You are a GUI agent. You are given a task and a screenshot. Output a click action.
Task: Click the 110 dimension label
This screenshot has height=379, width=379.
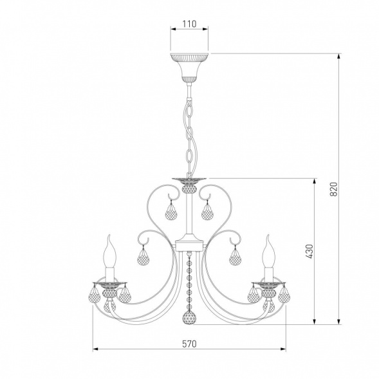[x=189, y=24]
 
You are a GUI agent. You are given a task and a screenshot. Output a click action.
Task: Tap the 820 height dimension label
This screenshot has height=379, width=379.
[x=333, y=189]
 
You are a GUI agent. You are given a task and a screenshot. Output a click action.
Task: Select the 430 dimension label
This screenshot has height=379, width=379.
[x=309, y=251]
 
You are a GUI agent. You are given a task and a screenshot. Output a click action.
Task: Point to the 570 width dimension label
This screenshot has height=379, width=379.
[x=189, y=344]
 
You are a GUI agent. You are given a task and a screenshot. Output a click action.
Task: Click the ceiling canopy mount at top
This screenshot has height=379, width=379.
[x=189, y=68]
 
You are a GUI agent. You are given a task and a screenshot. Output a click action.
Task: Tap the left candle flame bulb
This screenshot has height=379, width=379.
[x=110, y=252]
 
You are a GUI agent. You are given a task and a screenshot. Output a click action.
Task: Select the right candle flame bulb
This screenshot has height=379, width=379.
[x=269, y=252]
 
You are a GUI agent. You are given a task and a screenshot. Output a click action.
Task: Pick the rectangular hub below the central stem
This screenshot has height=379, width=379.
[x=189, y=246]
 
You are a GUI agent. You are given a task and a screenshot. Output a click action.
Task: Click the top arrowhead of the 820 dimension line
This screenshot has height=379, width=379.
[x=339, y=57]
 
